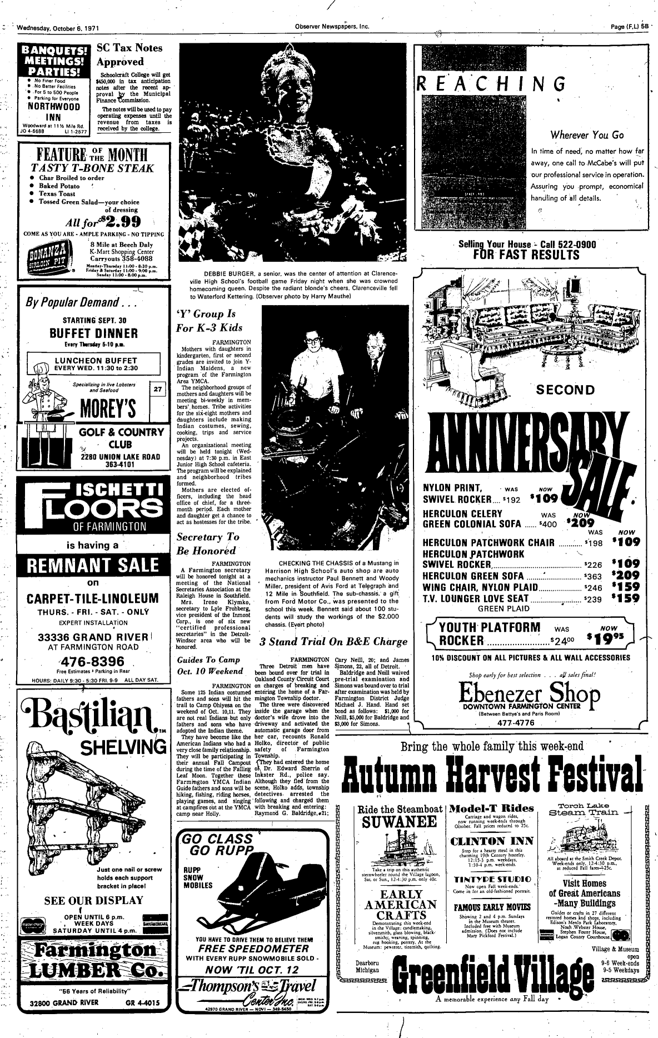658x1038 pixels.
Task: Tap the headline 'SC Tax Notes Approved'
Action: coord(129,54)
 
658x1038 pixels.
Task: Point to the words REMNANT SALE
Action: coord(89,566)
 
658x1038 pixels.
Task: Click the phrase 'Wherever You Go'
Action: coord(587,135)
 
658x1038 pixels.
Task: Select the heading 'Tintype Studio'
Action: coord(492,880)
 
